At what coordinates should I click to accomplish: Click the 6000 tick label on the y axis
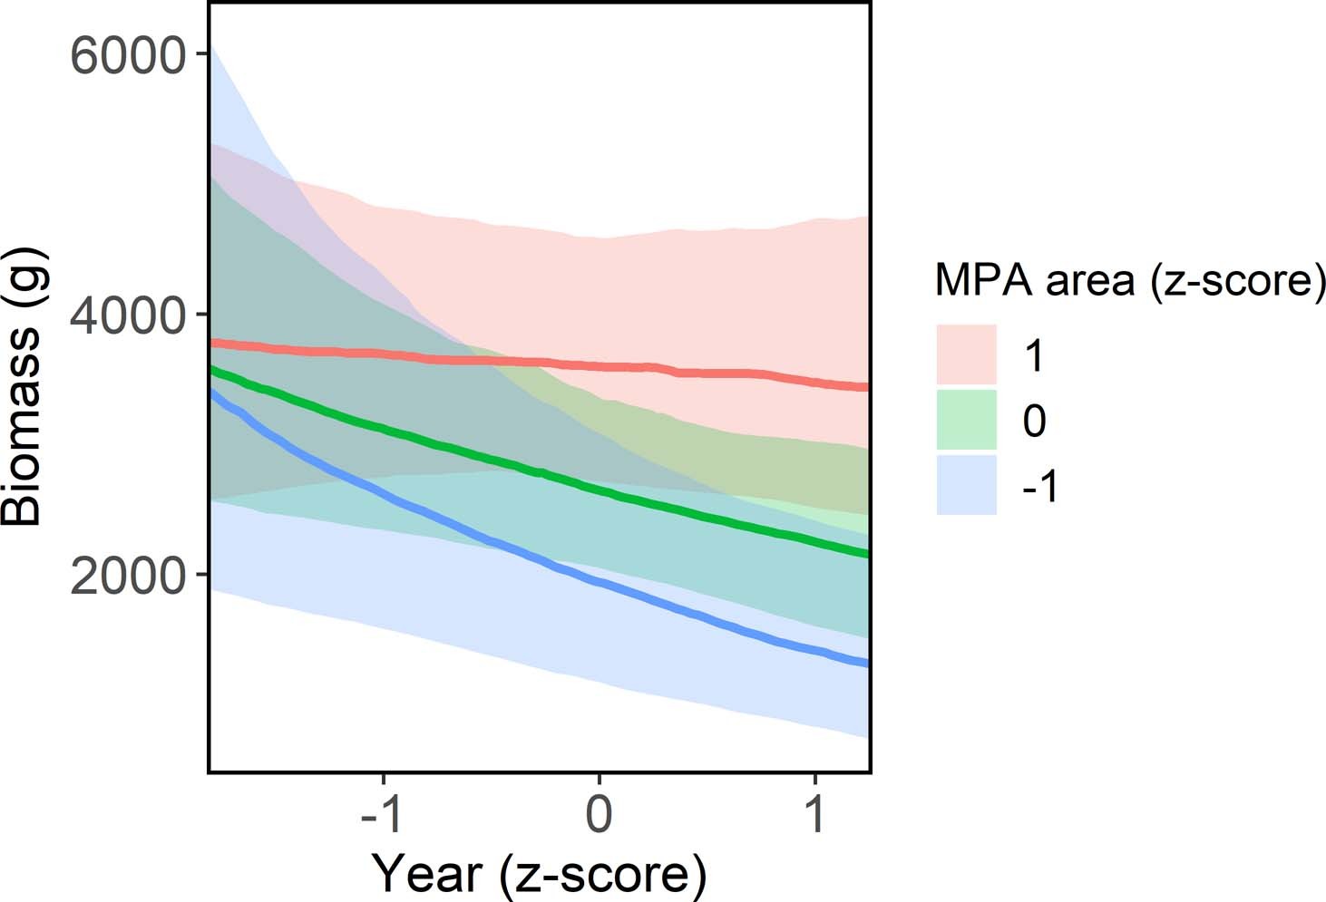(x=127, y=56)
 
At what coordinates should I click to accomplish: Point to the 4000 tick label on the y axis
(x=127, y=315)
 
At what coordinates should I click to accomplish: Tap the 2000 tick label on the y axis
(x=127, y=574)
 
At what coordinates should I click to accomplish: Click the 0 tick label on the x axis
(x=599, y=814)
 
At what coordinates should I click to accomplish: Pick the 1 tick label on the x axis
(x=815, y=814)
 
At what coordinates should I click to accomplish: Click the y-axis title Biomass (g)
(x=22, y=386)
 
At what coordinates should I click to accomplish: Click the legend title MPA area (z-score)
(x=1129, y=280)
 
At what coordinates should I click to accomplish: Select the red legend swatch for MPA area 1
(x=967, y=354)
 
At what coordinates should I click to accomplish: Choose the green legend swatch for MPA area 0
(x=967, y=420)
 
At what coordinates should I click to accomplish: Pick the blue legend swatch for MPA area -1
(x=967, y=485)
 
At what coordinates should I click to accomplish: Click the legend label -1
(x=1040, y=487)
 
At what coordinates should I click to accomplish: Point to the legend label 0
(x=1035, y=422)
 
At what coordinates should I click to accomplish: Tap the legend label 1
(x=1035, y=356)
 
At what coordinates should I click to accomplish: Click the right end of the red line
(x=867, y=387)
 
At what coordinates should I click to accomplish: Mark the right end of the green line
(x=867, y=553)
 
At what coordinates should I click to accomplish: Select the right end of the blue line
(x=867, y=664)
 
